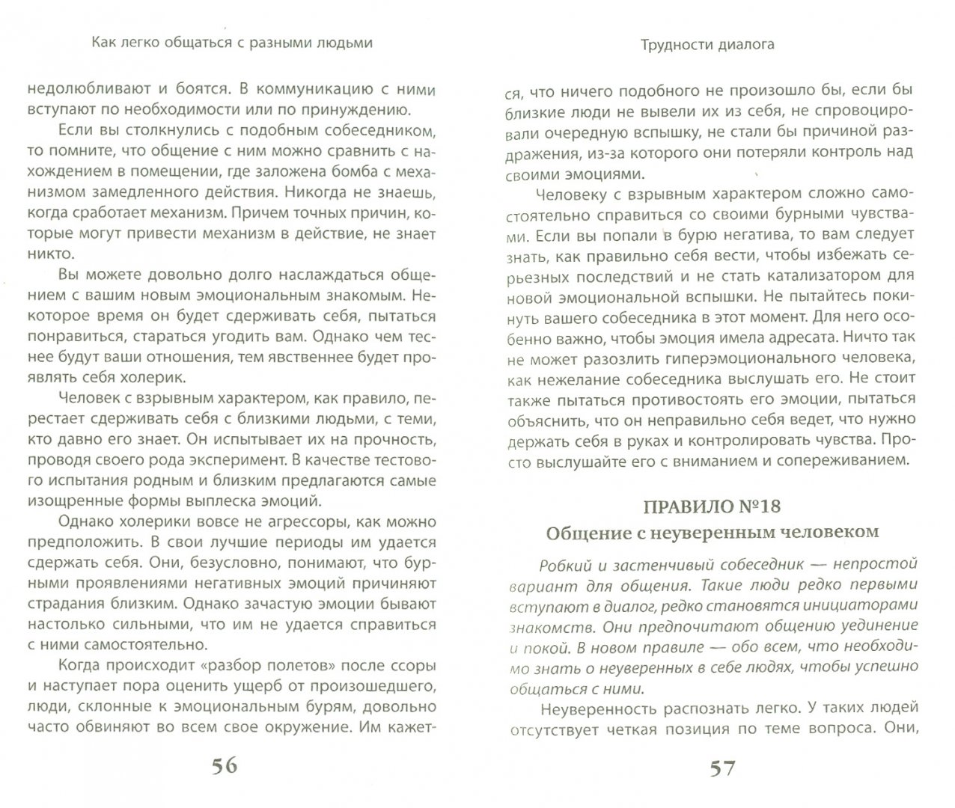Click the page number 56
click(214, 765)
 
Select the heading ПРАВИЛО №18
click(712, 506)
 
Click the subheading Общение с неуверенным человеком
click(712, 533)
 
